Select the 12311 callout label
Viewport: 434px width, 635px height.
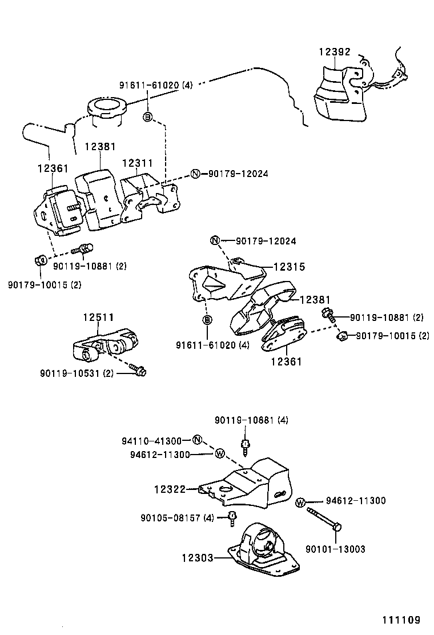tap(137, 163)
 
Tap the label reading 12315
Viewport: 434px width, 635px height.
tap(289, 267)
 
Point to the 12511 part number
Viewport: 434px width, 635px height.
tap(98, 317)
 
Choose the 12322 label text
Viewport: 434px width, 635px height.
tap(170, 489)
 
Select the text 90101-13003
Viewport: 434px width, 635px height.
tap(335, 549)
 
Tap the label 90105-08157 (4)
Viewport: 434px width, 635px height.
tap(177, 518)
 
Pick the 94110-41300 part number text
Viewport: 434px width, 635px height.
tap(151, 441)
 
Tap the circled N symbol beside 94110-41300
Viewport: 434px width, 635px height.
tap(196, 440)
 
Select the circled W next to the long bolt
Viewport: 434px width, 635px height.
tap(300, 502)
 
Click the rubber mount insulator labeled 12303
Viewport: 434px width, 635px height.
tap(263, 551)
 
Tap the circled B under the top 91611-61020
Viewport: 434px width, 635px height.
tap(147, 117)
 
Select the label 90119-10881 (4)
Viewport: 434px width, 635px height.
tap(251, 420)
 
